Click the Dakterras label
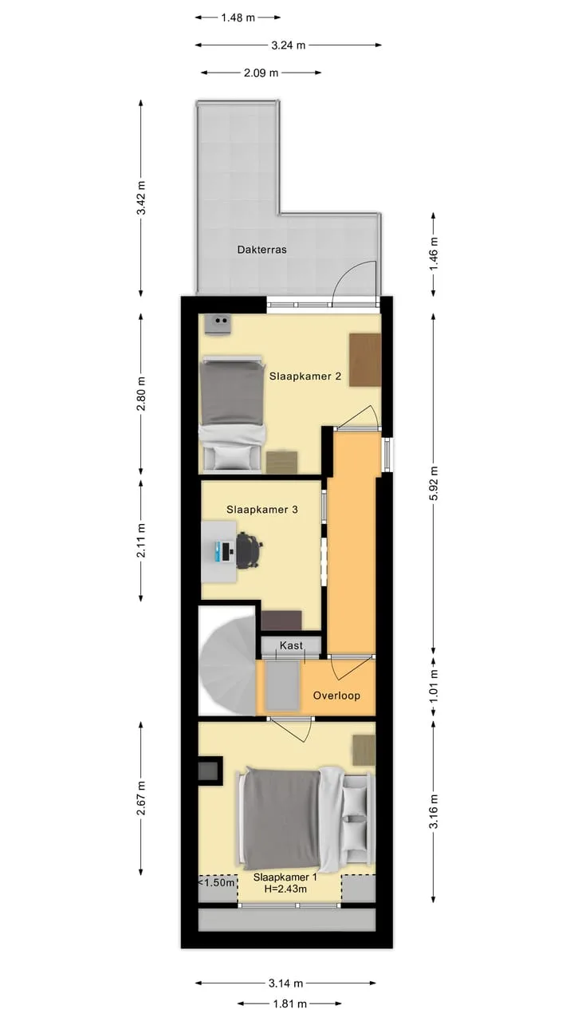click(262, 250)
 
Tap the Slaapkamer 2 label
click(305, 376)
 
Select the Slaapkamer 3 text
click(262, 510)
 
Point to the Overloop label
click(336, 696)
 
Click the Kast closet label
click(291, 645)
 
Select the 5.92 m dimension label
click(433, 483)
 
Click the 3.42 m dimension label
click(142, 198)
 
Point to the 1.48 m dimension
click(238, 18)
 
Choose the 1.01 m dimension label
click(433, 686)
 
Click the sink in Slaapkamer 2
click(218, 325)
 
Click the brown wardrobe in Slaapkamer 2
click(365, 360)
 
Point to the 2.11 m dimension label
click(142, 541)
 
